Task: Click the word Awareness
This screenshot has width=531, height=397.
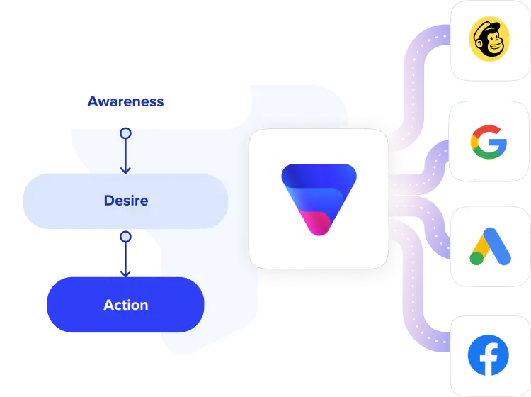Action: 125,101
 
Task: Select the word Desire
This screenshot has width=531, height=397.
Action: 125,201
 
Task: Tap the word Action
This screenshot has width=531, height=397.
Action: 125,305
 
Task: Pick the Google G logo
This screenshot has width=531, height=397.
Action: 489,140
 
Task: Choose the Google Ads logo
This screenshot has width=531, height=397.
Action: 489,246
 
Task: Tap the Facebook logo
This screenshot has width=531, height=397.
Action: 489,355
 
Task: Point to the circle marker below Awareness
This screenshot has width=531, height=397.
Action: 125,133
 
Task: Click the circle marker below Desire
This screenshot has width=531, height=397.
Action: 125,236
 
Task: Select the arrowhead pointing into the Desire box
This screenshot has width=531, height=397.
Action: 125,169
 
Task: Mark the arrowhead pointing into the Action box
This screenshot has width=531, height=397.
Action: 125,272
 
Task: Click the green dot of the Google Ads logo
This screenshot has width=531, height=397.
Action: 476,257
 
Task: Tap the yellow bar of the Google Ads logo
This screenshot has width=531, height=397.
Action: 481,245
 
